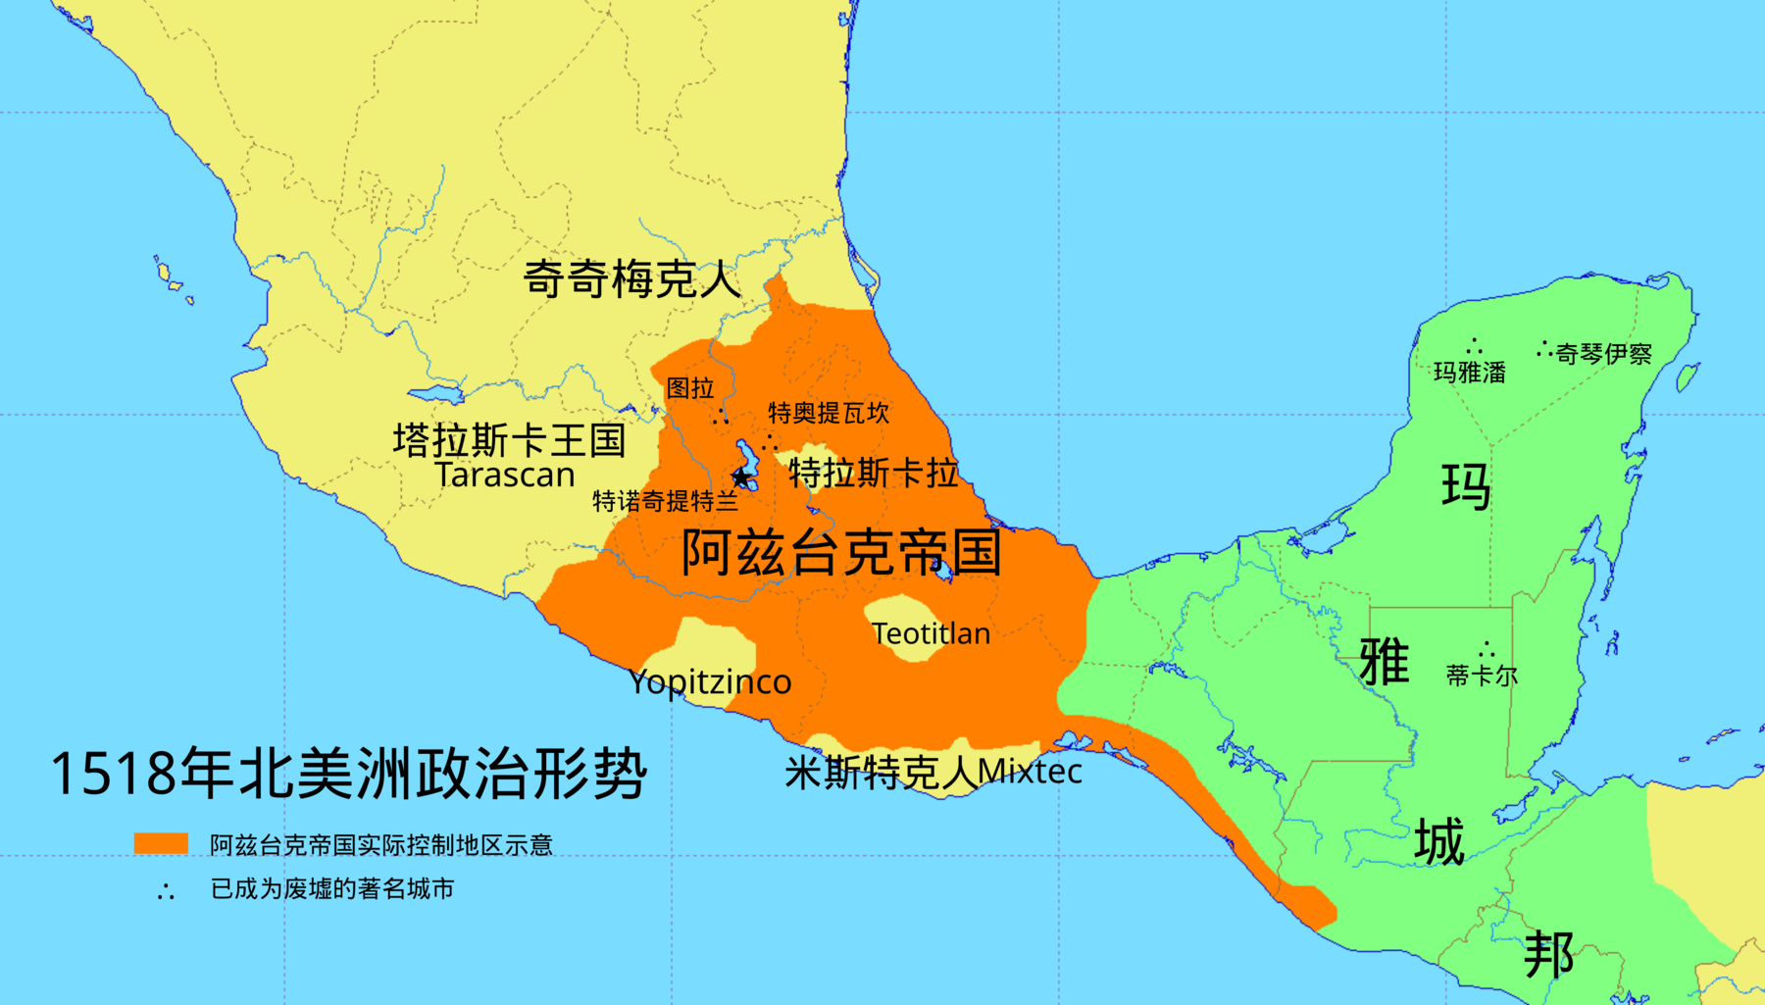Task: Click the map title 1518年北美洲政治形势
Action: click(x=348, y=774)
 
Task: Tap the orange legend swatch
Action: click(x=161, y=843)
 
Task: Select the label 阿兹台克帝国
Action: click(x=841, y=552)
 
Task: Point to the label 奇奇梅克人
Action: click(x=631, y=279)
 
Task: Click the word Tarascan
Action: click(x=504, y=476)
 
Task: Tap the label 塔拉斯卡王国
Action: click(x=509, y=440)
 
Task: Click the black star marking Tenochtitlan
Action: click(x=741, y=477)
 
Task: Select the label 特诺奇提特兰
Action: click(x=665, y=502)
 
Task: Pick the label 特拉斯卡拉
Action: click(x=873, y=473)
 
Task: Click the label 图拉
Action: click(x=690, y=388)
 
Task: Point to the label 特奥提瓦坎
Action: click(x=829, y=413)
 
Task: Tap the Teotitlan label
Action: click(x=931, y=634)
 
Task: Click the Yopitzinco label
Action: click(x=710, y=682)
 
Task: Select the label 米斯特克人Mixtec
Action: click(x=933, y=773)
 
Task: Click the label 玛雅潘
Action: click(x=1469, y=373)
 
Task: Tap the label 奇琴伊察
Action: click(x=1603, y=354)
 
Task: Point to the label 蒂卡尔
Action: click(x=1482, y=676)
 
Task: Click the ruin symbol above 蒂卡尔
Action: click(x=1487, y=649)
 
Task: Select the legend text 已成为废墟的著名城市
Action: click(x=332, y=889)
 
